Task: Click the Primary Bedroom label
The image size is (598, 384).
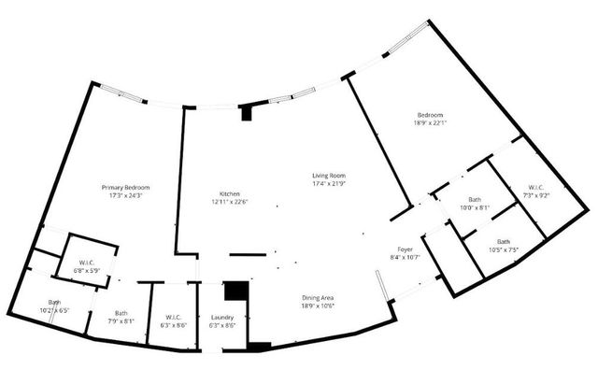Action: tap(125, 188)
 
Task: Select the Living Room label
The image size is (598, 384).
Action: tap(329, 175)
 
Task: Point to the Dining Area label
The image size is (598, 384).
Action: tap(317, 298)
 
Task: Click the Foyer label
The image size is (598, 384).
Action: tap(405, 249)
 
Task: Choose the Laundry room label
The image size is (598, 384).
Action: tap(221, 318)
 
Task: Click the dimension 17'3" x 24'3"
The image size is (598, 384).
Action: tap(125, 196)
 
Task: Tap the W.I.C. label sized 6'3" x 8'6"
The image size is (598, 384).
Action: tap(173, 317)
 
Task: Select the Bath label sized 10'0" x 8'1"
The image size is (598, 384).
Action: tap(474, 200)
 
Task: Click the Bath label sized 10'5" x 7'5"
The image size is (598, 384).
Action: tap(504, 241)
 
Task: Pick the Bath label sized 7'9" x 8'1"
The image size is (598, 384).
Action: tap(121, 313)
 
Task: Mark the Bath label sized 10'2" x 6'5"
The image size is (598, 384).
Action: tap(55, 302)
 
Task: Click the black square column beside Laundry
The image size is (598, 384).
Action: tap(238, 292)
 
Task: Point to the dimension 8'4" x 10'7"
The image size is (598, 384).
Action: tap(405, 257)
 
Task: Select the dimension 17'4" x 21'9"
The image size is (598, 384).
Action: tap(329, 183)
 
